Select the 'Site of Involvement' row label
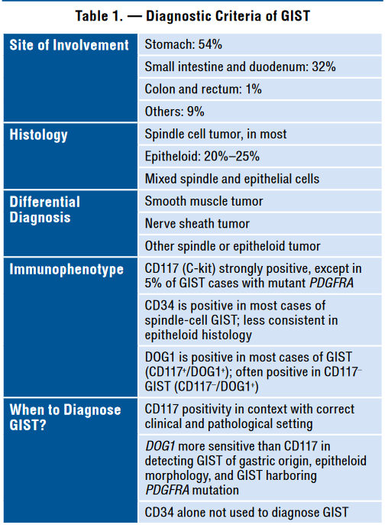tap(69, 45)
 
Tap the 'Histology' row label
tap(38, 134)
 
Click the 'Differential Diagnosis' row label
tap(44, 209)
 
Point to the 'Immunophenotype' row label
tap(66, 269)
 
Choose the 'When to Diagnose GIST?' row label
tap(65, 417)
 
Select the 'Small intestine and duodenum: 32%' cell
tap(240, 67)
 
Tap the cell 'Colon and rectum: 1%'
tap(203, 89)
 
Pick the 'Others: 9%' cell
tap(174, 112)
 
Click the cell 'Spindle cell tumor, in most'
tap(215, 134)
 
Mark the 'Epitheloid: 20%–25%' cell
tap(202, 156)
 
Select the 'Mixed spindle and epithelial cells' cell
tap(231, 179)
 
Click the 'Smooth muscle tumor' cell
tap(203, 201)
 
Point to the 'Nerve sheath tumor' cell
tap(197, 223)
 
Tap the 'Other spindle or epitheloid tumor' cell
tap(232, 246)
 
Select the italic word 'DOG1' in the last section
tap(160, 446)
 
